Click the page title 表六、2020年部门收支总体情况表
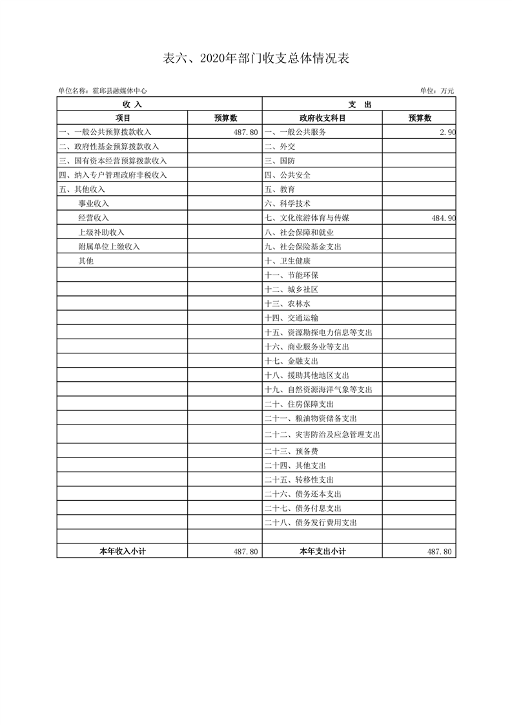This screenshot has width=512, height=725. pyautogui.click(x=256, y=59)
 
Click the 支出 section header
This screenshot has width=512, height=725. pyautogui.click(x=359, y=104)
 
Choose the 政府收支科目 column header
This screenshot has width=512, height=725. pyautogui.click(x=322, y=118)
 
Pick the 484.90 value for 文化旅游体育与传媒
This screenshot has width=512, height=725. pyautogui.click(x=444, y=218)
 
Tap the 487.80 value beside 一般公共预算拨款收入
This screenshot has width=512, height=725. pyautogui.click(x=246, y=132)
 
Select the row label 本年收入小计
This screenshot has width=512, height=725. pyautogui.click(x=122, y=551)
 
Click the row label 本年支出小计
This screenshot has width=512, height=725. pyautogui.click(x=322, y=551)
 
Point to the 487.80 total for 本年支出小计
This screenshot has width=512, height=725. pyautogui.click(x=440, y=551)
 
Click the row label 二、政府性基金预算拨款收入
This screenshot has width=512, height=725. pyautogui.click(x=108, y=147)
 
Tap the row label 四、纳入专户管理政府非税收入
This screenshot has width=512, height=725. pyautogui.click(x=112, y=175)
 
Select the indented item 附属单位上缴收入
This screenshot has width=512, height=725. pyautogui.click(x=109, y=247)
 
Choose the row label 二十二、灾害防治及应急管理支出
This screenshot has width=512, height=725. pyautogui.click(x=322, y=434)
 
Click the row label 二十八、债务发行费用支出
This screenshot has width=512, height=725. pyautogui.click(x=311, y=523)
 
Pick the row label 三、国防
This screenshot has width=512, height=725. pyautogui.click(x=280, y=161)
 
